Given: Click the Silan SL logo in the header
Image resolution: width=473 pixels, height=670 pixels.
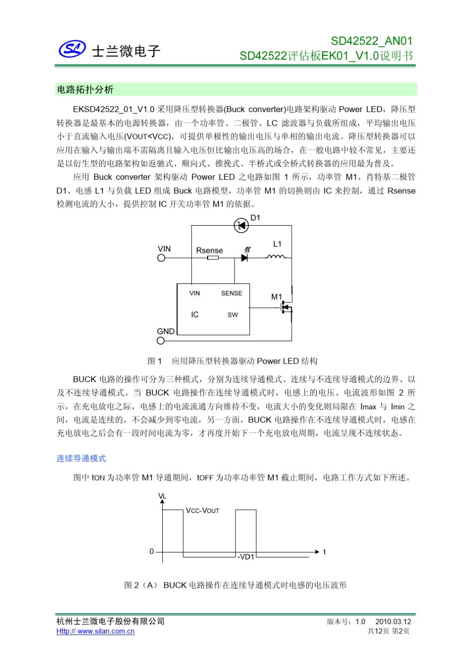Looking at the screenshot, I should (72, 49).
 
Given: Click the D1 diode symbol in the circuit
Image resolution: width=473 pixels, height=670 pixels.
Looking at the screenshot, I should (241, 226).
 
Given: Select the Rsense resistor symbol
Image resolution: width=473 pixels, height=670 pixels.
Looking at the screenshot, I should (213, 258).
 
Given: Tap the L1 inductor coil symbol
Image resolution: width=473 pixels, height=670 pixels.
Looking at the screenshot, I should (276, 257).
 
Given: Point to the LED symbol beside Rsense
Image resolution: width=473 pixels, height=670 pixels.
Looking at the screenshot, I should (244, 257).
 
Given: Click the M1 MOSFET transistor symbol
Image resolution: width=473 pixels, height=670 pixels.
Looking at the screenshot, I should (286, 307).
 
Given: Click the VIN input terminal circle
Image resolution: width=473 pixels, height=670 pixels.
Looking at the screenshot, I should (161, 258).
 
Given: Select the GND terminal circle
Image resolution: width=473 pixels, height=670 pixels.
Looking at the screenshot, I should (161, 341).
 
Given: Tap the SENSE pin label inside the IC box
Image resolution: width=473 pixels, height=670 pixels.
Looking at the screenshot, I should (232, 293).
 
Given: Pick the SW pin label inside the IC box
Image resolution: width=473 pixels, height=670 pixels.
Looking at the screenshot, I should (233, 315).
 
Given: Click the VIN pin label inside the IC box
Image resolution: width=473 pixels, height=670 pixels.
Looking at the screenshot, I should (195, 293).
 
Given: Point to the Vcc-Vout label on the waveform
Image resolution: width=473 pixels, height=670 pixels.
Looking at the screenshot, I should (203, 511).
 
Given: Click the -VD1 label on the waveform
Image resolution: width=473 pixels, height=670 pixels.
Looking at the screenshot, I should (246, 557).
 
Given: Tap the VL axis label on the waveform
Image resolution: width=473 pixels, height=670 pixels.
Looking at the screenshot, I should (162, 496).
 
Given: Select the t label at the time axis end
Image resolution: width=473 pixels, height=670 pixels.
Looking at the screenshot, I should (325, 551).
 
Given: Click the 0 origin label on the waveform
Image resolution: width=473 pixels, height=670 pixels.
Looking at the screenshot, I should (152, 551).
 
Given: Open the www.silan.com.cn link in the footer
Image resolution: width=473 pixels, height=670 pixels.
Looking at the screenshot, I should (96, 631).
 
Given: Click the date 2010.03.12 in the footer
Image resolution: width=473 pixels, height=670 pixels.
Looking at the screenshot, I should (393, 621).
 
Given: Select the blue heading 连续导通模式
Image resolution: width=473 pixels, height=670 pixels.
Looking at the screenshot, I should (81, 458).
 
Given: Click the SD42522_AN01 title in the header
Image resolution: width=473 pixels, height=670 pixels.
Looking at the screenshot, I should (371, 41).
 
